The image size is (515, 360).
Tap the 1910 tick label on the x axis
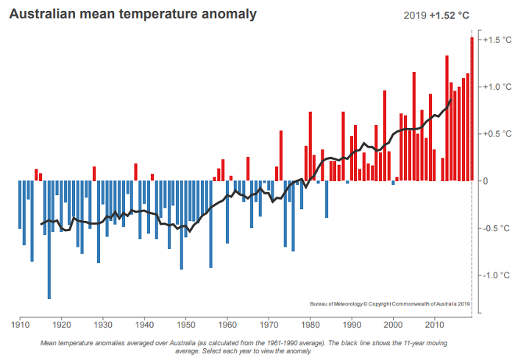[20, 324]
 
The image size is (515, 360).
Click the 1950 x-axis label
[186, 324]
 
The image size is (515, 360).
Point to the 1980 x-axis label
[310, 324]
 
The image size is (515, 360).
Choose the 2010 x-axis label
[435, 324]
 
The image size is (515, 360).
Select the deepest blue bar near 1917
[49, 239]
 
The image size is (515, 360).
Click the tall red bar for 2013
[447, 118]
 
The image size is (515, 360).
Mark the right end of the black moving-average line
[451, 100]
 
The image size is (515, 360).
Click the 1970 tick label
[269, 324]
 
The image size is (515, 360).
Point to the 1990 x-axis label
[352, 324]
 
